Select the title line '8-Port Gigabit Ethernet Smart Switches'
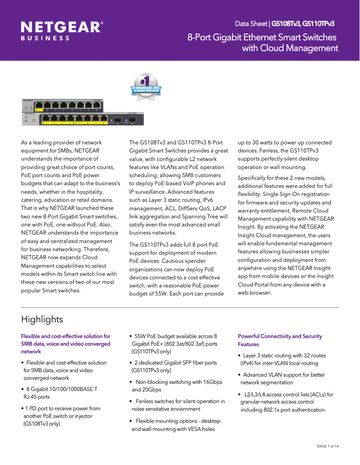(263, 37)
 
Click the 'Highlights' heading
(42, 319)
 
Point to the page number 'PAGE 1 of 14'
(328, 446)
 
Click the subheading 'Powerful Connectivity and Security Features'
(280, 340)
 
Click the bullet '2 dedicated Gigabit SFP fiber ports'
(176, 363)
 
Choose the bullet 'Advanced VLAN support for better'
(284, 374)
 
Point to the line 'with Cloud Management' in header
(290, 48)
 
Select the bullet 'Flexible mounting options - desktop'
(178, 421)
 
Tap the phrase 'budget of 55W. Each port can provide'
(176, 293)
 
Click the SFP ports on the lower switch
(125, 120)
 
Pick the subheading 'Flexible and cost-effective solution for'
(66, 336)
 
